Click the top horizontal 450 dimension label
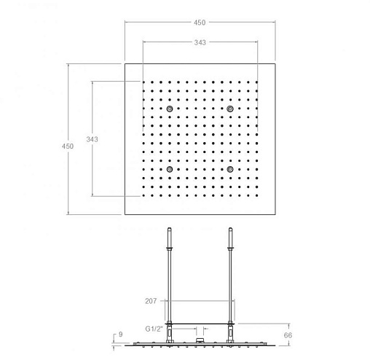tap(200, 23)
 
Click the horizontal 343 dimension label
tap(200, 42)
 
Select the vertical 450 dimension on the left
tap(68, 146)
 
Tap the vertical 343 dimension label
tap(92, 139)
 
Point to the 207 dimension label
tap(151, 301)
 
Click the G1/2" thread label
tap(154, 329)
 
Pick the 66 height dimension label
tap(288, 335)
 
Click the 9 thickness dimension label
tap(121, 334)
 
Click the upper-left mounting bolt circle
tap(170, 109)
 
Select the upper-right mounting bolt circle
tap(230, 109)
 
